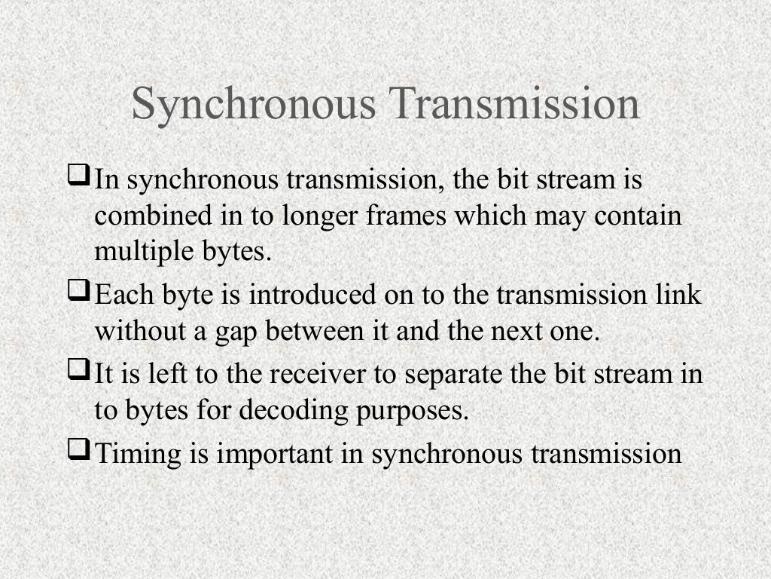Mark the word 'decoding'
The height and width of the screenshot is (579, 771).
coord(290,412)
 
